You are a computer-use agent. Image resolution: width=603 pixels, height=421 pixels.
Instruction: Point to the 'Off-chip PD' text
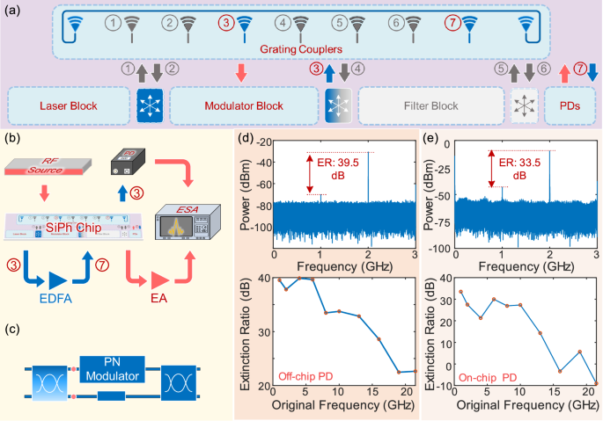click(306, 375)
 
